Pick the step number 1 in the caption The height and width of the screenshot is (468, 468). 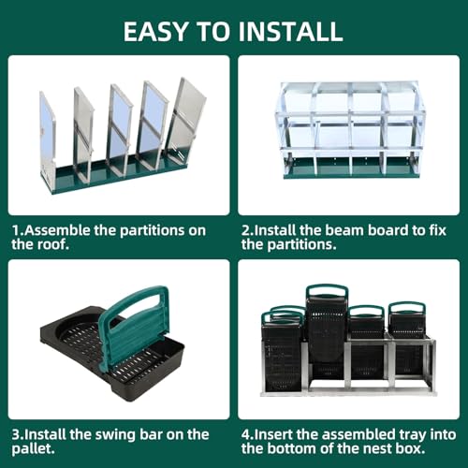pos(15,228)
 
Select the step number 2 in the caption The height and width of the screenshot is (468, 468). pos(246,228)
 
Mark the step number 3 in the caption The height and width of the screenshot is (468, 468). pos(16,435)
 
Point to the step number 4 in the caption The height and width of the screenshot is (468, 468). pos(246,435)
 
